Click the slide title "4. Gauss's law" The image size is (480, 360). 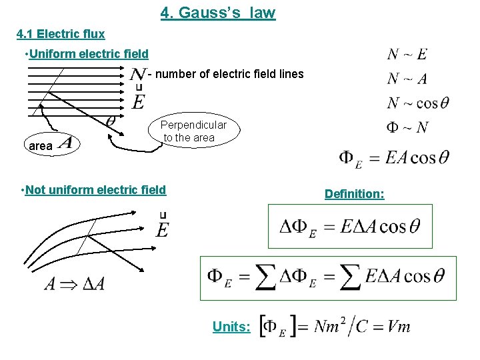[218, 13]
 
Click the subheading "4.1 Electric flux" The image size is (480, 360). [61, 33]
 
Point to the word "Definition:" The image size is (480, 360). [354, 194]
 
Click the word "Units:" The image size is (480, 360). [231, 327]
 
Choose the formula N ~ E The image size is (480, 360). [407, 55]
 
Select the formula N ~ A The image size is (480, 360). [407, 79]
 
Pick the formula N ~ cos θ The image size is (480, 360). [418, 103]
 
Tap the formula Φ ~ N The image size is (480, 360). [407, 127]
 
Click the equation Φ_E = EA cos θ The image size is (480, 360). [394, 158]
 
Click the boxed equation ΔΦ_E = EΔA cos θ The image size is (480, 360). [350, 226]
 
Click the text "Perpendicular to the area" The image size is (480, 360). [194, 131]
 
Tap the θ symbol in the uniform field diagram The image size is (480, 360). [111, 121]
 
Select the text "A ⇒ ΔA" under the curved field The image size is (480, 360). [73, 284]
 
